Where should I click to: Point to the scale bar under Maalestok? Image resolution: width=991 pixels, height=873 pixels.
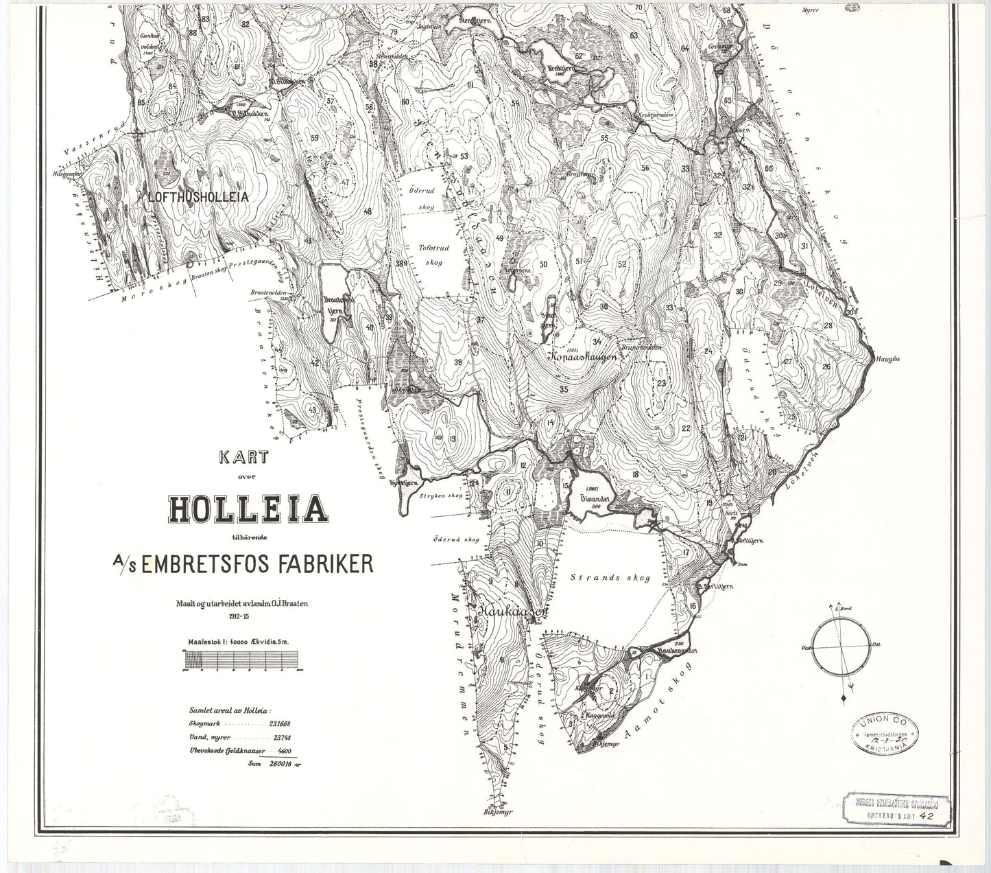(x=243, y=659)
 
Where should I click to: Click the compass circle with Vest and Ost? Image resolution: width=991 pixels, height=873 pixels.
(x=837, y=647)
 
